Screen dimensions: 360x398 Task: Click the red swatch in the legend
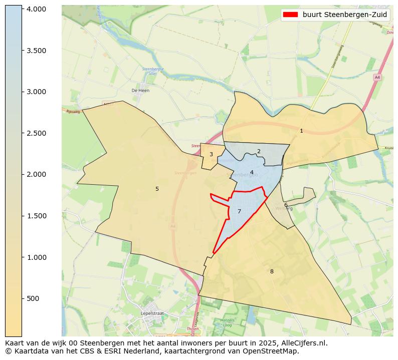pos(290,15)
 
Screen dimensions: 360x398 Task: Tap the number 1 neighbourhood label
pos(301,131)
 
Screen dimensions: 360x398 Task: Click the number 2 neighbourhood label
pos(259,151)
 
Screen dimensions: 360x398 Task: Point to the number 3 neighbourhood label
pos(211,154)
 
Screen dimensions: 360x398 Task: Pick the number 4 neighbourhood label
pos(252,173)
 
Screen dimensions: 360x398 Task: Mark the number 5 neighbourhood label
pos(157,189)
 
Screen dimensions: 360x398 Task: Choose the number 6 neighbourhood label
pos(286,205)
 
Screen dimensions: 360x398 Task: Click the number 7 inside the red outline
pos(239,211)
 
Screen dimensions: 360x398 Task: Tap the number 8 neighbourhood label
pos(272,271)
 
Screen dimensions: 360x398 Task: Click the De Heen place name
pos(140,91)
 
